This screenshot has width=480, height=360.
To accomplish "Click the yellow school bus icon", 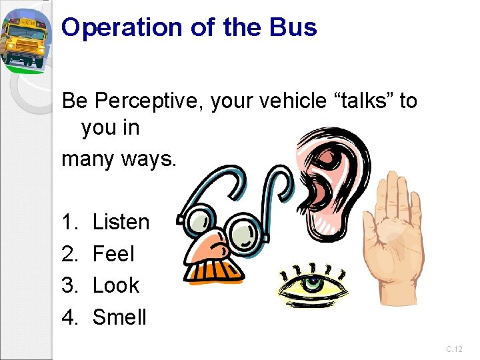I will click(x=23, y=39).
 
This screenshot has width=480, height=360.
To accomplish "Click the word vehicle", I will click(x=283, y=101).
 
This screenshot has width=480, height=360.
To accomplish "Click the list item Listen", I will click(x=121, y=222).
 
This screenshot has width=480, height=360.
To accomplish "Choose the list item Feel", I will click(x=113, y=253).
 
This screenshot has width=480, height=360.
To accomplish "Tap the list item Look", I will click(x=116, y=285).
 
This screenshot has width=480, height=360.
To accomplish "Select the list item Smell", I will click(x=119, y=317).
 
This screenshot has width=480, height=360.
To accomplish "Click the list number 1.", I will click(x=68, y=222).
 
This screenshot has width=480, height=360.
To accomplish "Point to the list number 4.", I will click(x=68, y=317).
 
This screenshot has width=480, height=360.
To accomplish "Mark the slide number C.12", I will click(x=454, y=349).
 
